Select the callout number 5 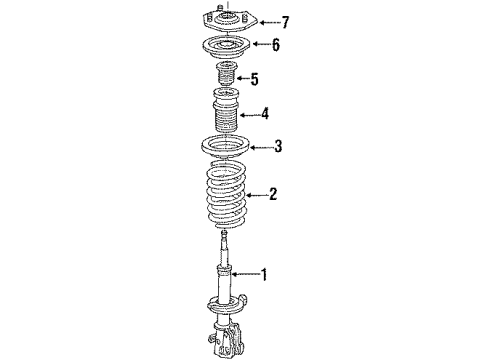tap(254, 79)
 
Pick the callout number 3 tap(278, 147)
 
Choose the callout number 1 tap(265, 273)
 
